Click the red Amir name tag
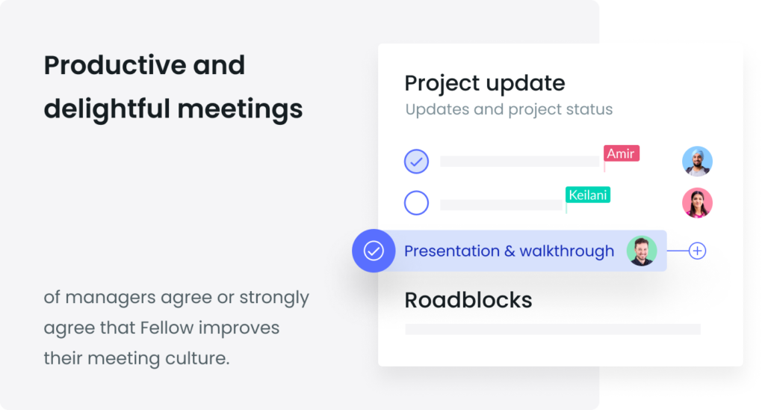pos(621,153)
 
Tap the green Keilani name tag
pos(588,195)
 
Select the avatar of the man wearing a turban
pos(697,161)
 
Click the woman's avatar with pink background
pos(697,203)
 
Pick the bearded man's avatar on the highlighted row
pos(642,251)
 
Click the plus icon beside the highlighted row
pos(697,251)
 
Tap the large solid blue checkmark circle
pos(374,251)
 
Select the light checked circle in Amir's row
pos(416,162)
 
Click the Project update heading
pos(484,84)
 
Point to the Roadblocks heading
pos(468,300)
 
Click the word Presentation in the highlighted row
pos(451,251)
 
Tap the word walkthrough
pos(567,251)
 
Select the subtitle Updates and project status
pos(509,109)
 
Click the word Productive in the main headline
pos(115,65)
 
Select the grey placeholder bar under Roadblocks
pos(553,329)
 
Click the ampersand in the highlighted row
pos(510,251)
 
